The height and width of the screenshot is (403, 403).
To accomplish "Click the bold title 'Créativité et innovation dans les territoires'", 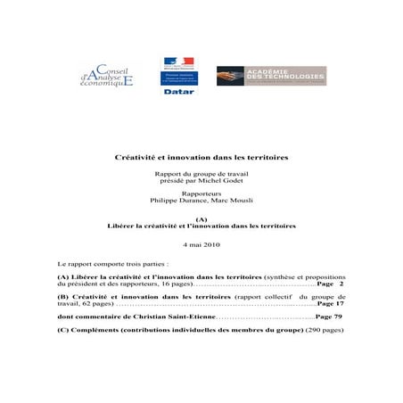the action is coord(201,157).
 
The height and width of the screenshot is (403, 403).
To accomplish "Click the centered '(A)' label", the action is coord(201,218).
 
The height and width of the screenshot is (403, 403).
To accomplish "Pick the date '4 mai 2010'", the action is coord(201,243).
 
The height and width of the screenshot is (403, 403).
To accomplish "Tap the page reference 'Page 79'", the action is coord(328,317).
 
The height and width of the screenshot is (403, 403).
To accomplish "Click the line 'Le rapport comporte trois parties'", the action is coord(111,265).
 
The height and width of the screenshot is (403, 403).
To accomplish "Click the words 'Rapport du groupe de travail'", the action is coord(201,175).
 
